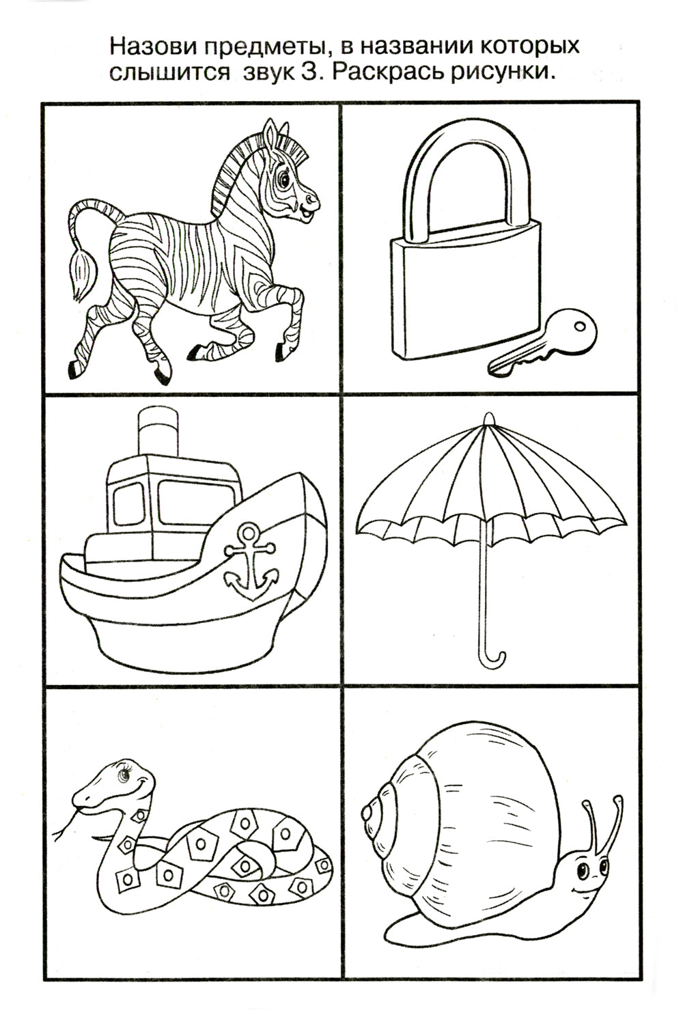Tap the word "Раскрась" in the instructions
[x=387, y=72]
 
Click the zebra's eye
[x=285, y=178]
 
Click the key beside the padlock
[x=542, y=342]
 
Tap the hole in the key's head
[x=580, y=325]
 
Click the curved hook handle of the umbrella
[x=492, y=658]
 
